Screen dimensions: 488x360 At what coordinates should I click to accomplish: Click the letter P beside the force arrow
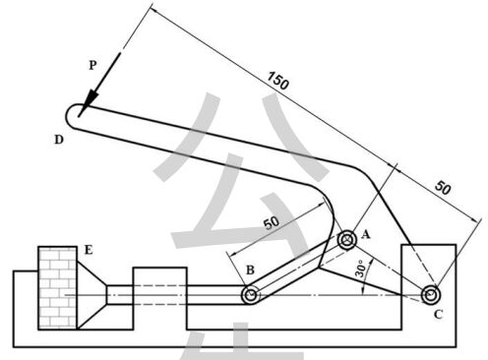[x=92, y=66]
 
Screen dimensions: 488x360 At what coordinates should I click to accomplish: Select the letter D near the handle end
[x=59, y=140]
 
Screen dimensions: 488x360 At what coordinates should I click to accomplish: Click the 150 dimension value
[x=278, y=81]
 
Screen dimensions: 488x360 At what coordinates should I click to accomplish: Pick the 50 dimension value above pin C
[x=443, y=188]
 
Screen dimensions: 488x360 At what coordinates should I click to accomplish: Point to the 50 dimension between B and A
[x=272, y=223]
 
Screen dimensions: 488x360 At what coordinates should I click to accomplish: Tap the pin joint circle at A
[x=347, y=240]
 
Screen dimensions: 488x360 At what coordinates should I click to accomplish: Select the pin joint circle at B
[x=251, y=295]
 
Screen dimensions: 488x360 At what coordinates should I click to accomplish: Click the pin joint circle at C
[x=431, y=295]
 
